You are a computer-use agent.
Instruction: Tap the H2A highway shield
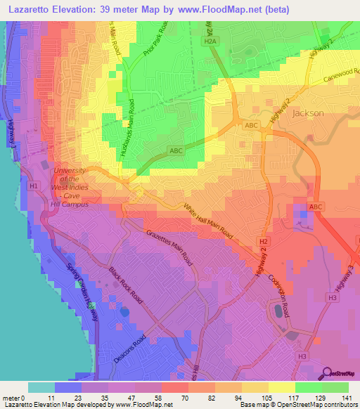pos(209,42)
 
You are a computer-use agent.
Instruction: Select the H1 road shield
pos(34,186)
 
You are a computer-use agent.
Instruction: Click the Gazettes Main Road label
pos(169,247)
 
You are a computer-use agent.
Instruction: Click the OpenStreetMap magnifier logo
pos(328,372)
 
